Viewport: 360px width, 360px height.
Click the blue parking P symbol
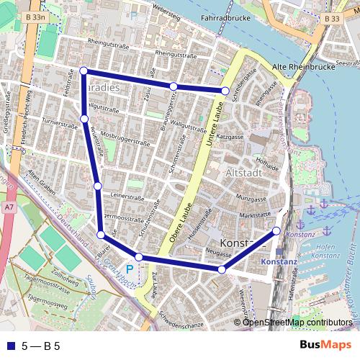tap(130, 268)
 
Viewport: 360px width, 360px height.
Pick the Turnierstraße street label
tap(60, 122)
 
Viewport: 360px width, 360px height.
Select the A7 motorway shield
tap(7, 207)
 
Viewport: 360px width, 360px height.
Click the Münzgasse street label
tap(251, 197)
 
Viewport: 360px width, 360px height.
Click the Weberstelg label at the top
tap(164, 14)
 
